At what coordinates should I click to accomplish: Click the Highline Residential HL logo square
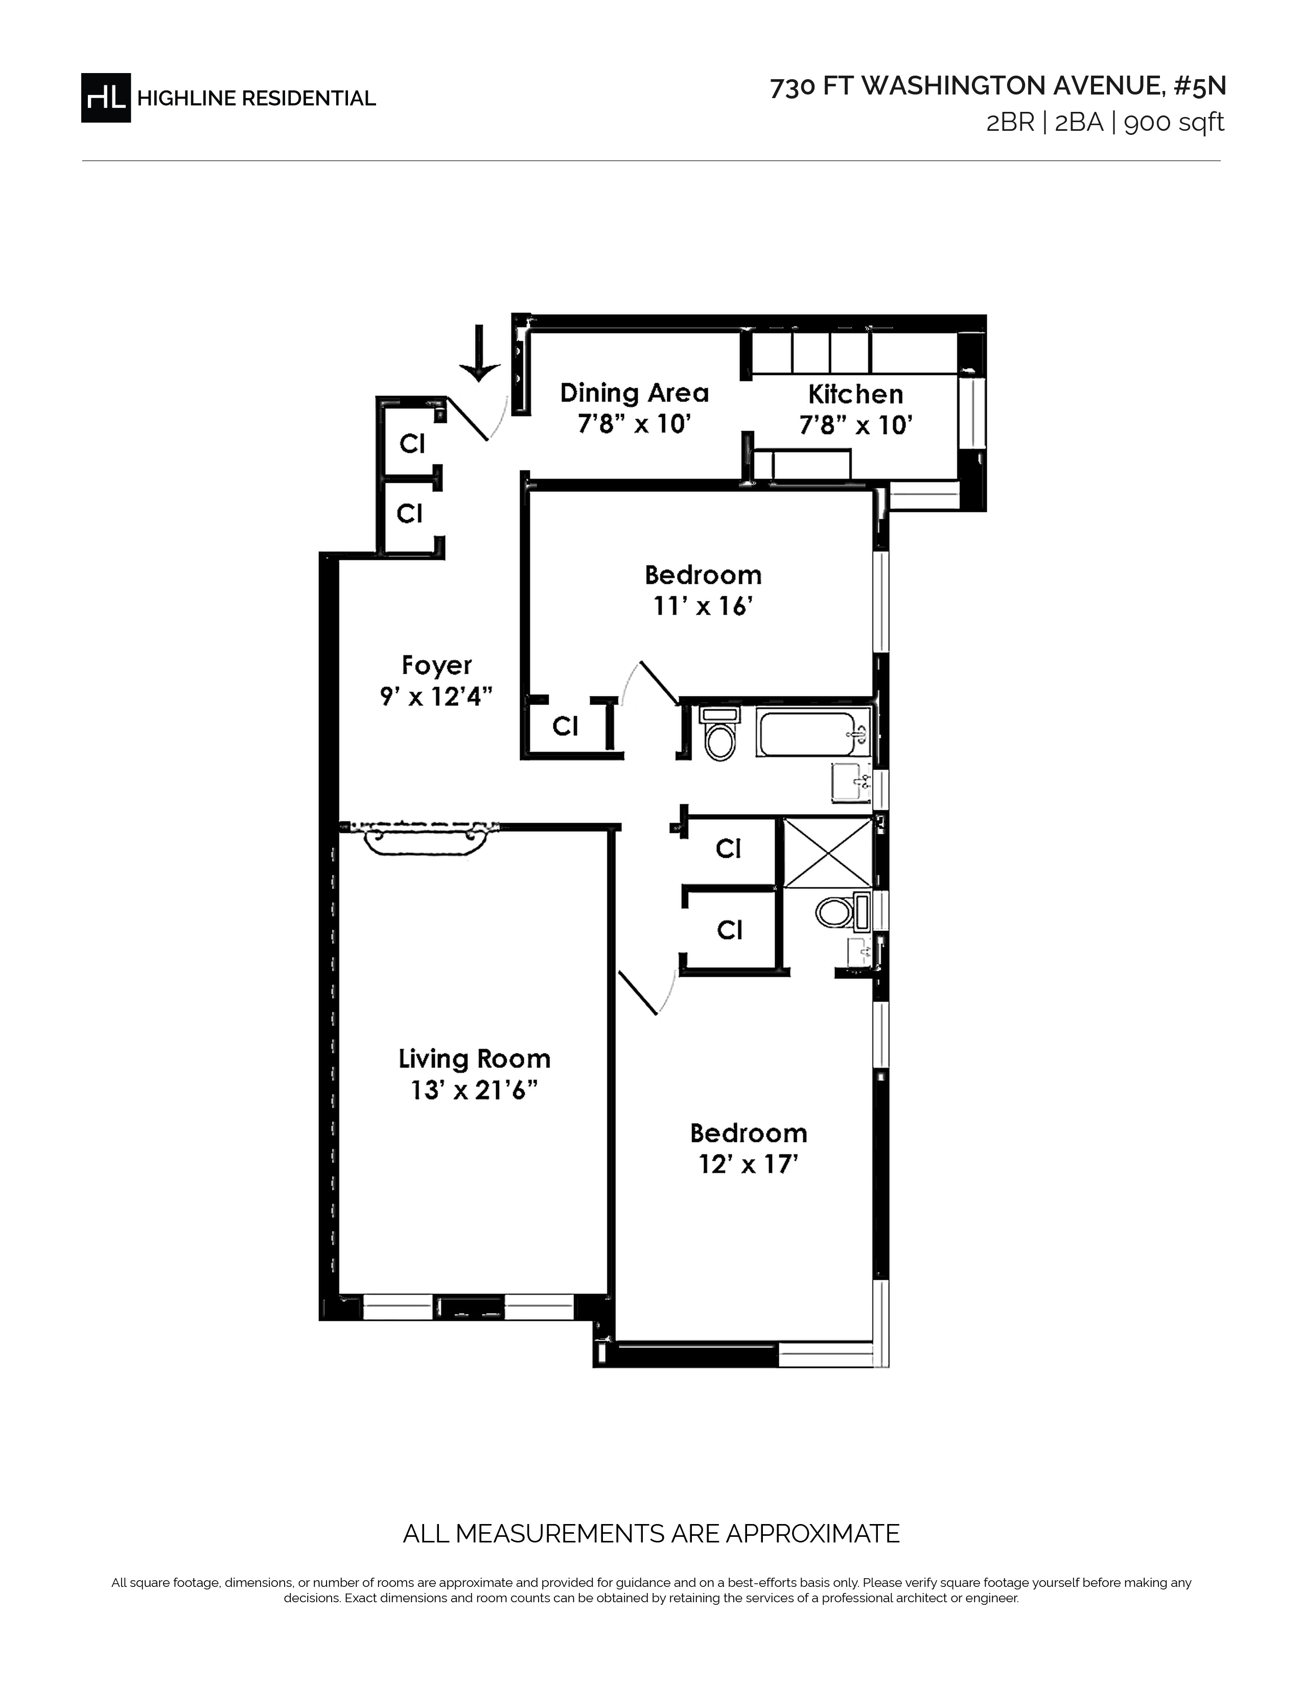pyautogui.click(x=106, y=98)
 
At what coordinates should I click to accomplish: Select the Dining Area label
pyautogui.click(x=635, y=393)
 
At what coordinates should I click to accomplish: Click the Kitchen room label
pyautogui.click(x=855, y=394)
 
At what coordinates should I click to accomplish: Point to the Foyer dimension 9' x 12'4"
pyautogui.click(x=436, y=697)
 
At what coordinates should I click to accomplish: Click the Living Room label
pyautogui.click(x=475, y=1059)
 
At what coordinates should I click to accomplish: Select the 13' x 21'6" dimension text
pyautogui.click(x=474, y=1091)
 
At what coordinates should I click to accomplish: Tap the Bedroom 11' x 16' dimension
pyautogui.click(x=703, y=607)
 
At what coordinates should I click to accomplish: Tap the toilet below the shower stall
pyautogui.click(x=842, y=911)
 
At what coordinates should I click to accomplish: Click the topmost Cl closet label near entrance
pyautogui.click(x=412, y=444)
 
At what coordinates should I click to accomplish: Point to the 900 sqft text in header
pyautogui.click(x=1174, y=123)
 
